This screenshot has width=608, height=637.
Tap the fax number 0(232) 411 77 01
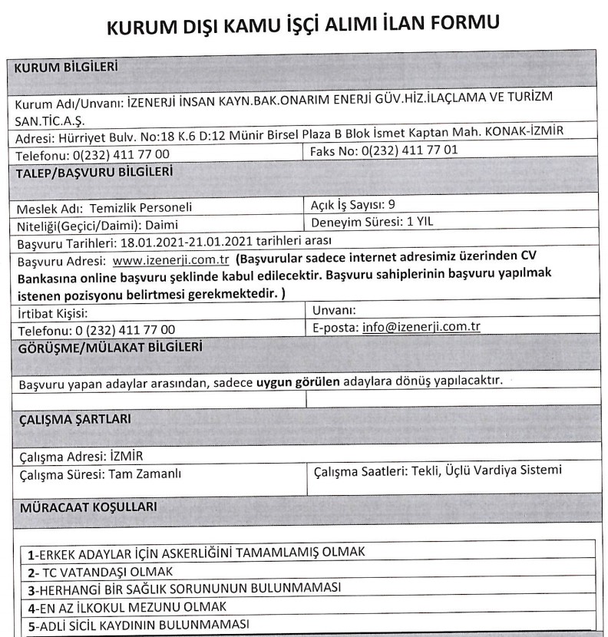click(403, 150)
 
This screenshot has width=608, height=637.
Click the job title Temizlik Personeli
click(140, 206)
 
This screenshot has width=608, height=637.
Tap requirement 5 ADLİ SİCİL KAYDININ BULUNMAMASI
click(134, 623)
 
